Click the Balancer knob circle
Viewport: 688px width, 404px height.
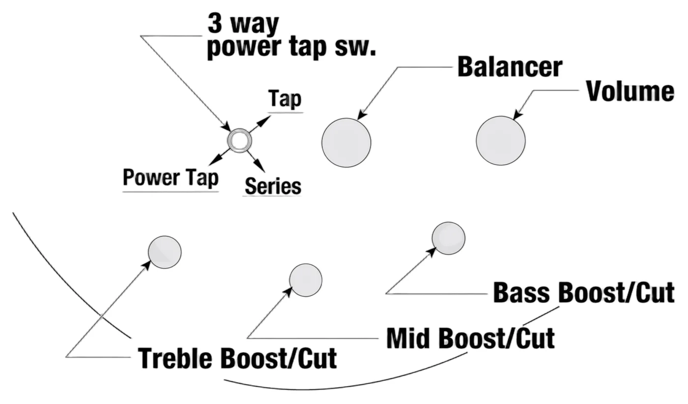[346, 143]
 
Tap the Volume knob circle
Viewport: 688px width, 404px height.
[501, 141]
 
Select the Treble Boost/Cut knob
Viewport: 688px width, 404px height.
[165, 252]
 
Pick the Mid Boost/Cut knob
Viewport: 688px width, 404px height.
[306, 280]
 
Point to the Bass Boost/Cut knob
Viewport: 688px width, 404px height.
[448, 238]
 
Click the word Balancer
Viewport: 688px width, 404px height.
[510, 67]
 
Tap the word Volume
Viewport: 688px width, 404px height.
[630, 91]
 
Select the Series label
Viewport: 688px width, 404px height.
[273, 186]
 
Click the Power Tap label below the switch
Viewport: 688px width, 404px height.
[171, 178]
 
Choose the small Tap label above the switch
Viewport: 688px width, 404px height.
[285, 99]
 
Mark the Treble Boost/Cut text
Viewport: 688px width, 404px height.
[237, 358]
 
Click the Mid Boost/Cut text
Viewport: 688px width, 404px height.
[471, 338]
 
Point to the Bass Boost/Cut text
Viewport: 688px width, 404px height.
[584, 292]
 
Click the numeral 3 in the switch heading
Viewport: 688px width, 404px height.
[215, 24]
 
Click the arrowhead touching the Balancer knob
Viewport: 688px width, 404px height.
[363, 115]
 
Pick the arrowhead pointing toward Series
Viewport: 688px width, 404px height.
[260, 166]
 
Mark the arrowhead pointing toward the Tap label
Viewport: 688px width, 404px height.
[264, 121]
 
